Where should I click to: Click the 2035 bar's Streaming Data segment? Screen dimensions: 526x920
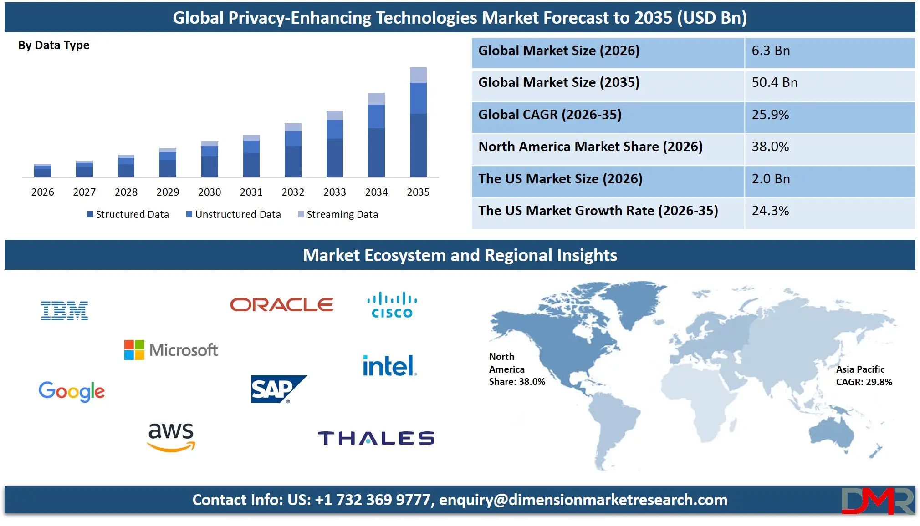(x=418, y=75)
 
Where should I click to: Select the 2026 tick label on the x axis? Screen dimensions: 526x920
(x=42, y=192)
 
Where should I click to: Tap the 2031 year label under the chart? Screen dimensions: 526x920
(x=251, y=192)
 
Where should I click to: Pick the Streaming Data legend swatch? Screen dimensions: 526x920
(x=301, y=214)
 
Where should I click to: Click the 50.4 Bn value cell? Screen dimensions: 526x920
(x=774, y=82)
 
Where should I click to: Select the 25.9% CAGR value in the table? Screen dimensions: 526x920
(x=770, y=115)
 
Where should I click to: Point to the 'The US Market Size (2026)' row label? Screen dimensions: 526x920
(x=560, y=179)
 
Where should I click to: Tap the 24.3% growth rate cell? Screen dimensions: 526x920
(x=770, y=211)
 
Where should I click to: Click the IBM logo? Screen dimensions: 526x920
(x=65, y=311)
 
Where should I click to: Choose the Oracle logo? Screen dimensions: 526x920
(x=281, y=305)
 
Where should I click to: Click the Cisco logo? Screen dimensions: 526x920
(x=392, y=305)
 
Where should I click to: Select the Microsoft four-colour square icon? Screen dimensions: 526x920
(x=134, y=350)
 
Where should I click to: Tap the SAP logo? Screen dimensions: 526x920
(x=278, y=389)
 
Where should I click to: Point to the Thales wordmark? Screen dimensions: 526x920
(x=376, y=438)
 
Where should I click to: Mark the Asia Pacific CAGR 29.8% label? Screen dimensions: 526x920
(x=864, y=376)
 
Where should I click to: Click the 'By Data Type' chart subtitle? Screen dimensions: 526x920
(x=54, y=46)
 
